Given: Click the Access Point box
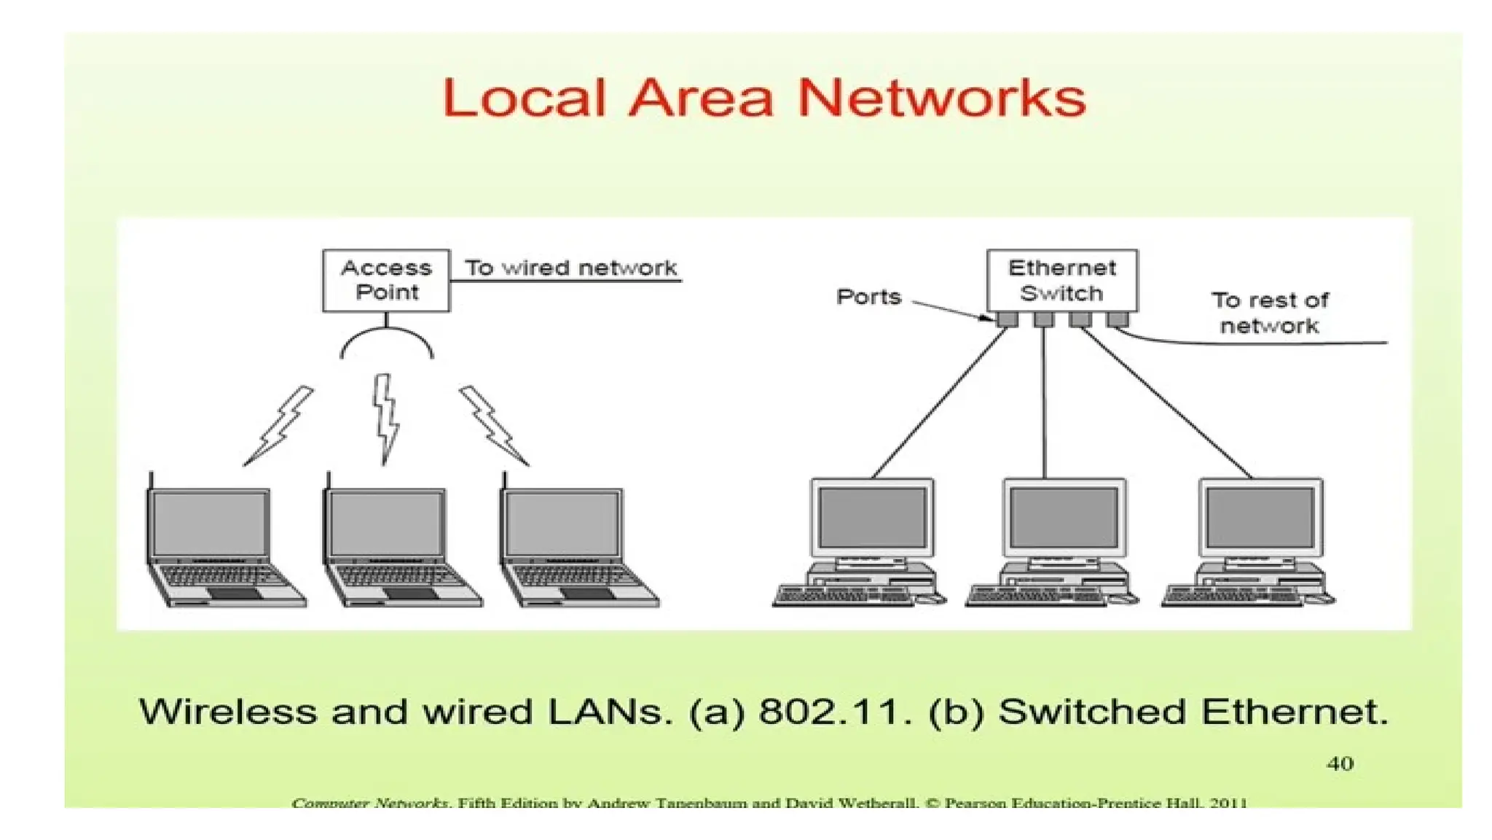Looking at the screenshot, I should point(386,281).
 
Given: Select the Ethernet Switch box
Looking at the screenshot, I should point(1061,281).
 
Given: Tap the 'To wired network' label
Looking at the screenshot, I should point(571,268).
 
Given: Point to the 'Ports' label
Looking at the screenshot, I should point(868,297).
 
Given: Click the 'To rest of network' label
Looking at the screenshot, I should point(1269,313).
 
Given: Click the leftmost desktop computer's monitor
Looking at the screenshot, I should point(872,517).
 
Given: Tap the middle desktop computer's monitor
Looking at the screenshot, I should point(1064,517).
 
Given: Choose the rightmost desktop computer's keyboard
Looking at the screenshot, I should point(1231,596).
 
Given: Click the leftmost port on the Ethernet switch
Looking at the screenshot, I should point(1008,319).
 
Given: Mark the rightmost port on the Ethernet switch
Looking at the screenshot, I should point(1117,319).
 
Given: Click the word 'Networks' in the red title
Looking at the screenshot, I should point(941,98).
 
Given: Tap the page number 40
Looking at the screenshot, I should point(1340,763).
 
